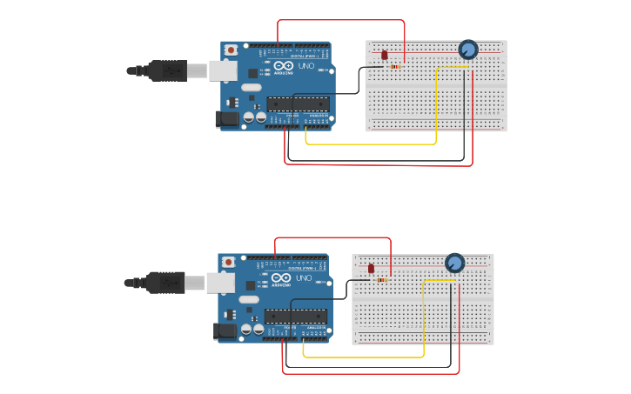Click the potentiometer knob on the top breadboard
(x=468, y=50)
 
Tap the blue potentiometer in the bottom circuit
(x=454, y=263)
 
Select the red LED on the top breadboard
(x=385, y=55)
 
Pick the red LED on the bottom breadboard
(x=372, y=268)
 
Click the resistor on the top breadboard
(x=396, y=65)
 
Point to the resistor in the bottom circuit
(x=382, y=279)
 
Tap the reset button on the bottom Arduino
(x=228, y=261)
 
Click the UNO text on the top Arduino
(x=306, y=66)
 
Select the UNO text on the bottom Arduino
(x=304, y=278)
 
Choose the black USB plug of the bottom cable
(x=164, y=283)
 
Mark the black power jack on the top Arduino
(x=227, y=119)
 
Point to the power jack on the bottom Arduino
(x=225, y=331)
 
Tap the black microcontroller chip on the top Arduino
(x=299, y=104)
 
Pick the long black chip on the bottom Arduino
(x=296, y=317)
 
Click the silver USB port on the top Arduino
(x=223, y=70)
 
